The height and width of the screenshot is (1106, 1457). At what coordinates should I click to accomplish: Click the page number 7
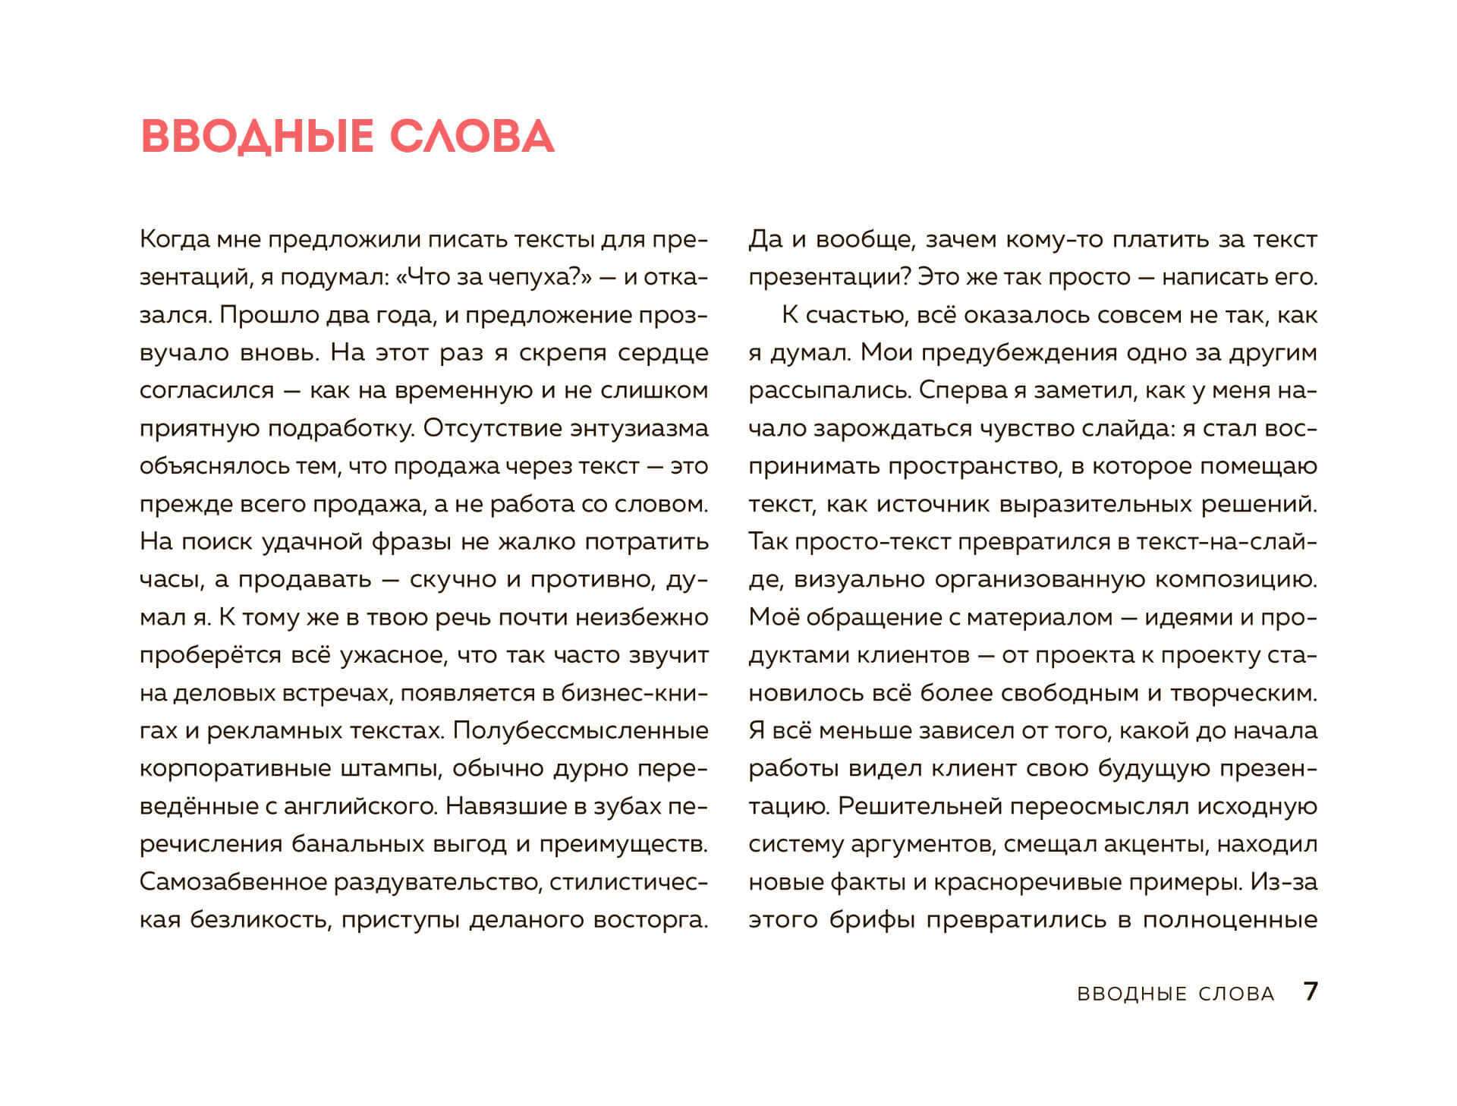point(1311,991)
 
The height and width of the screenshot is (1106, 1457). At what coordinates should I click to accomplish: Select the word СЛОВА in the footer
point(1236,994)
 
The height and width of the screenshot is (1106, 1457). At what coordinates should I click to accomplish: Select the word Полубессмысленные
point(581,730)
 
